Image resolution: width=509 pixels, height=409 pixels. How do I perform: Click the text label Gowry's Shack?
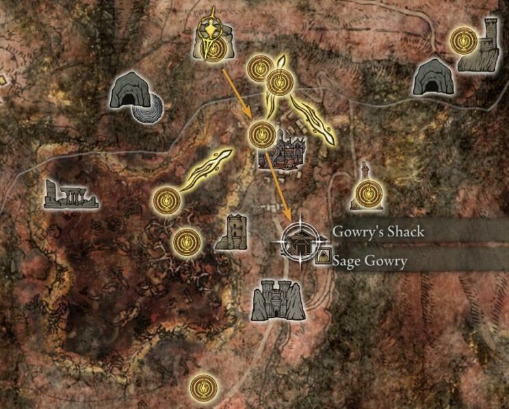[x=378, y=232]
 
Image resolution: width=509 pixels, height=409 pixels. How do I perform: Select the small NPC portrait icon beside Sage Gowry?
[x=322, y=258]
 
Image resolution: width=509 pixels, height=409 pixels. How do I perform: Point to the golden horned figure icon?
[x=213, y=38]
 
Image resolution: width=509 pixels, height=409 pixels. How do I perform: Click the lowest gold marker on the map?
[x=201, y=386]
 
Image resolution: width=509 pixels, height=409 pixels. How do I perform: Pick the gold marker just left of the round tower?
[x=186, y=240]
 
